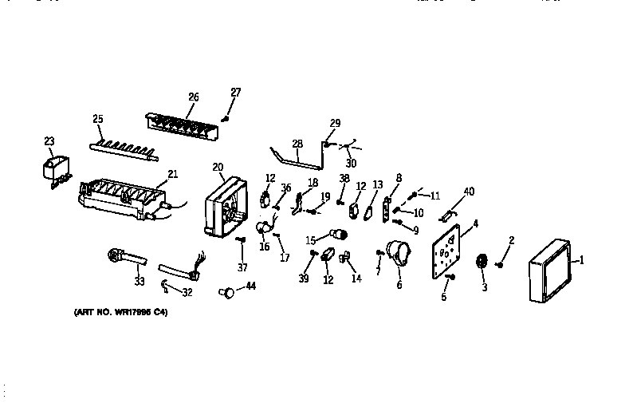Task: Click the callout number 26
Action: point(193,97)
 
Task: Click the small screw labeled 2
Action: point(500,263)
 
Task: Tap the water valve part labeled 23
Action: point(54,171)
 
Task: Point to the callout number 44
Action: point(250,286)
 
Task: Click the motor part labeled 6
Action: point(398,256)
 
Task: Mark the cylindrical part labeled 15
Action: point(340,234)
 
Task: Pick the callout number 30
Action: point(351,163)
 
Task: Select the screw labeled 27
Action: point(226,118)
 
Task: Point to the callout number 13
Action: point(378,185)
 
